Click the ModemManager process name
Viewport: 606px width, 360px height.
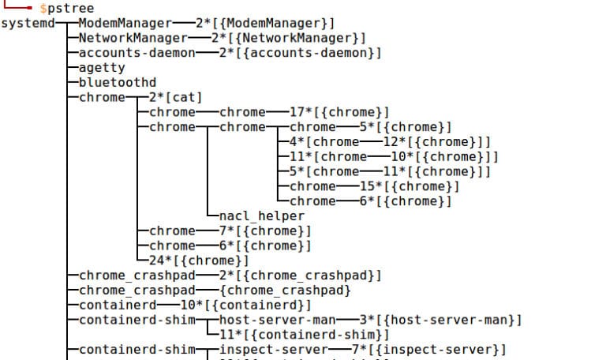tap(126, 23)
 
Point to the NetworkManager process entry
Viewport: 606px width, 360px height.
tap(133, 38)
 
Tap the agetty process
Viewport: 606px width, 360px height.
tap(102, 68)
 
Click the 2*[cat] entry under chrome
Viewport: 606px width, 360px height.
tap(175, 97)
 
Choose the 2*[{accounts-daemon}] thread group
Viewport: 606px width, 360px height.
tap(301, 53)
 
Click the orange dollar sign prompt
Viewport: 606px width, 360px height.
tap(43, 8)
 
